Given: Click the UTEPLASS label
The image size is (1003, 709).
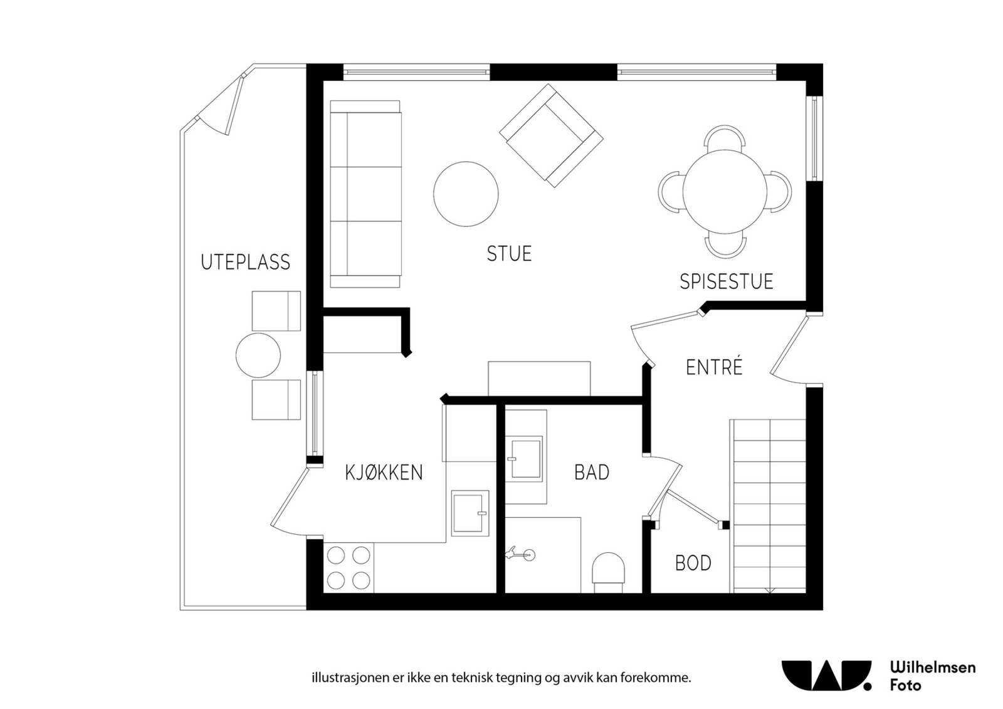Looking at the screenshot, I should pyautogui.click(x=245, y=262).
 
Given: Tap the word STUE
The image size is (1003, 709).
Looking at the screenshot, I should pyautogui.click(x=509, y=254).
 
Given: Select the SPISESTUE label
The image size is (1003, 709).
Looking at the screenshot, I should pyautogui.click(x=726, y=281).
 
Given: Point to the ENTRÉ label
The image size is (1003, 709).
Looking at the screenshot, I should pyautogui.click(x=714, y=367).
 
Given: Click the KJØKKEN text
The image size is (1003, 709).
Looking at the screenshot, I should pyautogui.click(x=384, y=472).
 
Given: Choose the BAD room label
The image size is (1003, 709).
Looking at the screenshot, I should pyautogui.click(x=592, y=472).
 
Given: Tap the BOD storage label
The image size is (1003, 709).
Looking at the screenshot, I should pyautogui.click(x=693, y=563).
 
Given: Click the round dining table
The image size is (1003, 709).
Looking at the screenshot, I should pyautogui.click(x=725, y=191).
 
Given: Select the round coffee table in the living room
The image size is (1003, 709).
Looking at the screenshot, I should pyautogui.click(x=466, y=194).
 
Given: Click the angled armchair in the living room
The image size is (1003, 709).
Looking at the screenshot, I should pyautogui.click(x=550, y=135).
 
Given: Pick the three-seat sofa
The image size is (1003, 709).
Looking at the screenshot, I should pyautogui.click(x=365, y=194).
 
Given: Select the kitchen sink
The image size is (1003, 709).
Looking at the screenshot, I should pyautogui.click(x=470, y=512).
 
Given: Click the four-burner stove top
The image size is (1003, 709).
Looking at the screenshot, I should pyautogui.click(x=349, y=567).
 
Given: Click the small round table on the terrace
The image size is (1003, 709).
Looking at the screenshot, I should pyautogui.click(x=258, y=355).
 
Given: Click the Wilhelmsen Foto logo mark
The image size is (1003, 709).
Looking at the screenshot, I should pyautogui.click(x=826, y=675).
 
